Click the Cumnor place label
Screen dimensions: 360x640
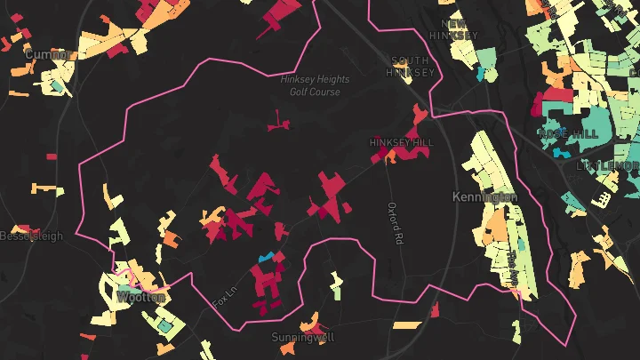tap(46, 55)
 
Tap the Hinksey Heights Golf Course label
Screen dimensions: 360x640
tap(316, 85)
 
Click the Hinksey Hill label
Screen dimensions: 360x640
tap(402, 142)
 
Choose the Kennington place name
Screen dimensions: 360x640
tap(484, 196)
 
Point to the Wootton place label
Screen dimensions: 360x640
tap(140, 298)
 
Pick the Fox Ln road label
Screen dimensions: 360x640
tap(228, 296)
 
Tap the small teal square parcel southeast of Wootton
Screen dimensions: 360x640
tap(165, 326)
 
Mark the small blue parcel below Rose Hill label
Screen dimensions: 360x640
tap(560, 153)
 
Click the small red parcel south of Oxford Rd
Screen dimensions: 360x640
tap(435, 309)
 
